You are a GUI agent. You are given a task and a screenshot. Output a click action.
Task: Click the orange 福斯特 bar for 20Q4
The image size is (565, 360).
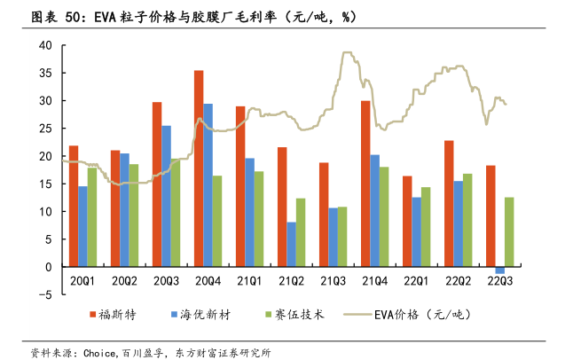pyautogui.click(x=199, y=168)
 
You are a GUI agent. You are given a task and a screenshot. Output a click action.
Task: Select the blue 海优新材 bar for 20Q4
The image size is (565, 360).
pyautogui.click(x=208, y=185)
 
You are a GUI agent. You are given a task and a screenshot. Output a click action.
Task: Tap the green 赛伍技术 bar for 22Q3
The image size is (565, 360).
pyautogui.click(x=508, y=232)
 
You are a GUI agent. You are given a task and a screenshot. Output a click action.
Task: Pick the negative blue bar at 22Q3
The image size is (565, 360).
pyautogui.click(x=499, y=270)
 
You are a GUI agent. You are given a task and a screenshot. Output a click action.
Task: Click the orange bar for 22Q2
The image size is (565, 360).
pyautogui.click(x=449, y=203)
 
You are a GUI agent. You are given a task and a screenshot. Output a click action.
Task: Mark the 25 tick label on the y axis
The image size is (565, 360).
pyautogui.click(x=46, y=129)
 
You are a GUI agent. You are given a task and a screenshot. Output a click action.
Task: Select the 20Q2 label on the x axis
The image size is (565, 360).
pyautogui.click(x=124, y=282)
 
